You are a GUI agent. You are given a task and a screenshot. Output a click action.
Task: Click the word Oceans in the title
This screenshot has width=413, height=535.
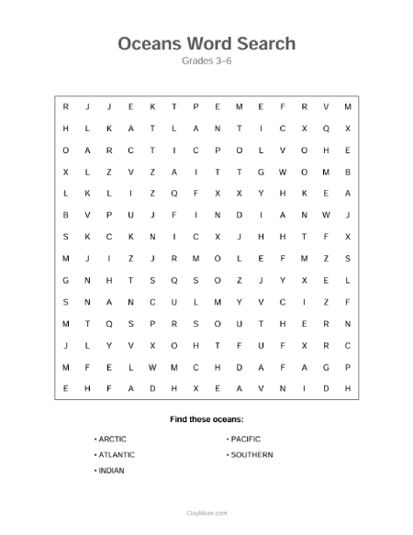pyautogui.click(x=151, y=43)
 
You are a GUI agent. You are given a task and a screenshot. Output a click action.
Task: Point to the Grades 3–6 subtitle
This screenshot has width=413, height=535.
pyautogui.click(x=206, y=61)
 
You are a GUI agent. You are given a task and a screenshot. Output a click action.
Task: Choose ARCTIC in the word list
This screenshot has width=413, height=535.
pyautogui.click(x=113, y=439)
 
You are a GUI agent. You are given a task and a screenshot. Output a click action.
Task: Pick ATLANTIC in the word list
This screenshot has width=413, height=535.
pyautogui.click(x=117, y=454)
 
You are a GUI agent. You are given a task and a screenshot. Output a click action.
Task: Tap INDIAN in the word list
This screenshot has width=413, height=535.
pyautogui.click(x=111, y=470)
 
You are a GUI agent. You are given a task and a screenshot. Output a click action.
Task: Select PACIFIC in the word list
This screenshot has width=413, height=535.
pyautogui.click(x=246, y=439)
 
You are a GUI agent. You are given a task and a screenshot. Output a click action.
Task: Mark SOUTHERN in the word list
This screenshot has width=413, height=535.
pyautogui.click(x=251, y=454)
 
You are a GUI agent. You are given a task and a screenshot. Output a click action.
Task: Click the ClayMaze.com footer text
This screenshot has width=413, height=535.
pyautogui.click(x=206, y=513)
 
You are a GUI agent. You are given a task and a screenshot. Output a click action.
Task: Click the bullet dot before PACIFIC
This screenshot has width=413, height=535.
pyautogui.click(x=227, y=439)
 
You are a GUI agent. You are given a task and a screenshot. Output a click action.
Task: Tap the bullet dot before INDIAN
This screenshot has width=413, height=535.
pyautogui.click(x=95, y=470)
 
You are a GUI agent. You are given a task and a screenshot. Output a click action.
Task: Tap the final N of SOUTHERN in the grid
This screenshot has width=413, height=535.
pyautogui.click(x=348, y=323)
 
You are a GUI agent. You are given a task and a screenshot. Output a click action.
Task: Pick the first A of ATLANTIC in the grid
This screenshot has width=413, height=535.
pyautogui.click(x=130, y=128)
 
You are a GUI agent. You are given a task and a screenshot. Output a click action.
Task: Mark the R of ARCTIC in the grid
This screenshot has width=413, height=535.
pyautogui.click(x=108, y=149)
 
